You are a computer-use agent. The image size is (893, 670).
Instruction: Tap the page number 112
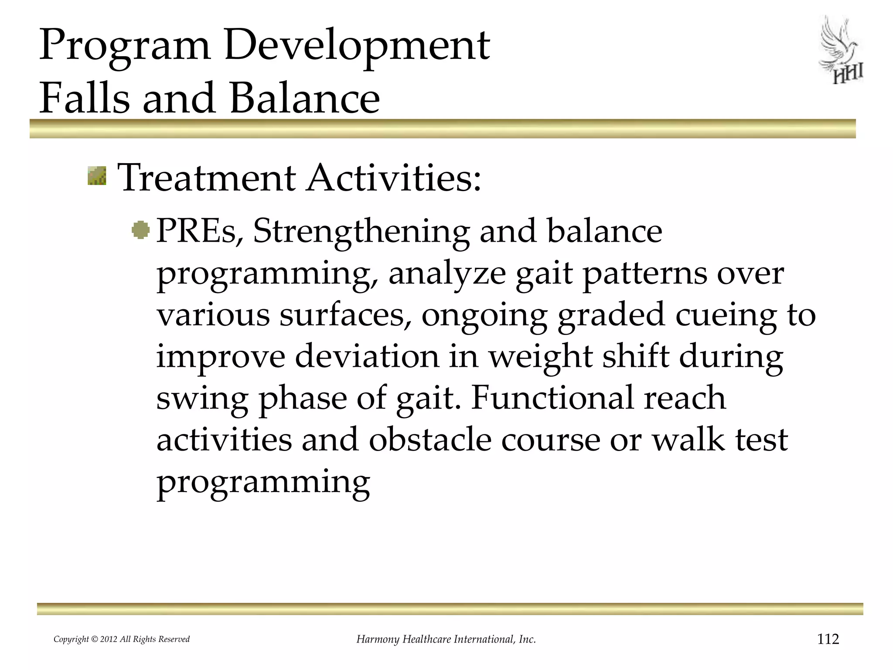click(828, 639)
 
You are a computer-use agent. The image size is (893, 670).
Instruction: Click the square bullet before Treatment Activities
click(97, 176)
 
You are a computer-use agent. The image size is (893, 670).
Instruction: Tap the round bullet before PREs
click(140, 230)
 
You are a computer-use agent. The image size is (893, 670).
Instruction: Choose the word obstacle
click(430, 440)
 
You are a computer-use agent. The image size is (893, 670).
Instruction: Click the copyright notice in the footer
click(121, 639)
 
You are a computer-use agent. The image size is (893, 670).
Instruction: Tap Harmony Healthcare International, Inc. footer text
click(446, 639)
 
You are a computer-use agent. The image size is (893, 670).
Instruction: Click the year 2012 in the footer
click(109, 639)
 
